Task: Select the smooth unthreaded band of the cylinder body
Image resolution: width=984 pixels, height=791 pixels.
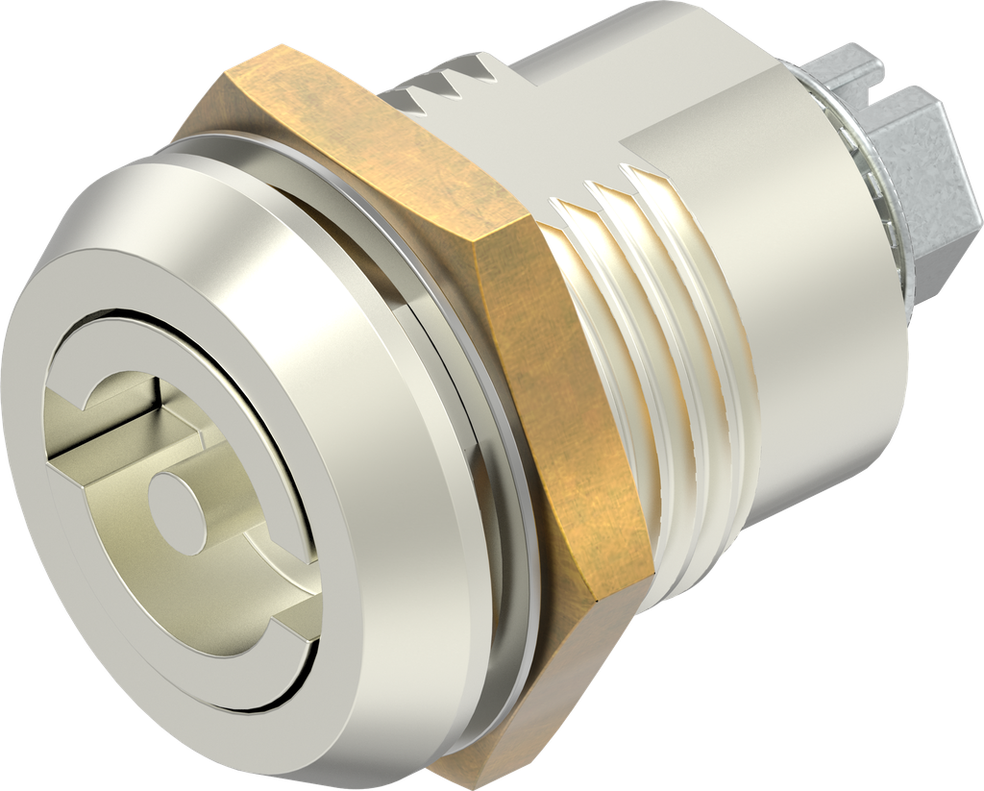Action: point(769,240)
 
